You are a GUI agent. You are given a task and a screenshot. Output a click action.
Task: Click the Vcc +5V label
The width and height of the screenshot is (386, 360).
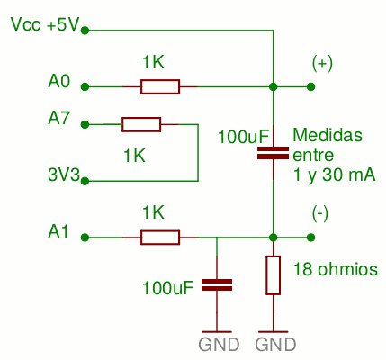pyautogui.click(x=45, y=24)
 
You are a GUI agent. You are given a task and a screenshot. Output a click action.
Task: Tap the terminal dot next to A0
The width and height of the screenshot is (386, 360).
pyautogui.click(x=85, y=87)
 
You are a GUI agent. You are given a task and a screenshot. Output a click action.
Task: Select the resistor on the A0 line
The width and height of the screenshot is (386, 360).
pyautogui.click(x=160, y=87)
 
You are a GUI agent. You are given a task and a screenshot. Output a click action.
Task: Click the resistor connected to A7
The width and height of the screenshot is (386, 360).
pyautogui.click(x=141, y=124)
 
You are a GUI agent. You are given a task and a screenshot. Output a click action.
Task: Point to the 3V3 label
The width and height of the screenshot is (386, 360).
pyautogui.click(x=64, y=175)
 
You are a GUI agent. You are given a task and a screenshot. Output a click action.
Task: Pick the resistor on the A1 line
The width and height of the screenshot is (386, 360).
pyautogui.click(x=160, y=238)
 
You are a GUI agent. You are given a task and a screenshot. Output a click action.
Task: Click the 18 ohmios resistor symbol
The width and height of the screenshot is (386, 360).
pyautogui.click(x=274, y=275)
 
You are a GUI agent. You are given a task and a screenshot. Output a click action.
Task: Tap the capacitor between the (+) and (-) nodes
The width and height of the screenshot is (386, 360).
pyautogui.click(x=274, y=153)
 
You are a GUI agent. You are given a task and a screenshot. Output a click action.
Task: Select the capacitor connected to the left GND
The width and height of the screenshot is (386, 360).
pyautogui.click(x=217, y=285)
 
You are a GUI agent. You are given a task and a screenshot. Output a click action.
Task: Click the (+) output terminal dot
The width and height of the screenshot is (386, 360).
pyautogui.click(x=311, y=87)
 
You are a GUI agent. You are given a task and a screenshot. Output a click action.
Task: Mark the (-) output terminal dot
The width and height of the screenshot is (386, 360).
pyautogui.click(x=311, y=238)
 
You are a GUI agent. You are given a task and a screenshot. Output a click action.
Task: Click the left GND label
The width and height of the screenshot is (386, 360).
pyautogui.click(x=219, y=345)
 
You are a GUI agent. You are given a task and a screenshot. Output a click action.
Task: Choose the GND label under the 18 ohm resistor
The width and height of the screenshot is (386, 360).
pyautogui.click(x=275, y=345)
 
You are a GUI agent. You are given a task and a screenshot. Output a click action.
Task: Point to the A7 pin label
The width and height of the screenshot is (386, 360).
pyautogui.click(x=59, y=118)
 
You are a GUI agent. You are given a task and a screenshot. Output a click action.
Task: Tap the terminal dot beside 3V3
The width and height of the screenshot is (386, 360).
pyautogui.click(x=85, y=181)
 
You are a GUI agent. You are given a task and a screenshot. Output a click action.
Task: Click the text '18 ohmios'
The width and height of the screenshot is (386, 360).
pyautogui.click(x=336, y=269)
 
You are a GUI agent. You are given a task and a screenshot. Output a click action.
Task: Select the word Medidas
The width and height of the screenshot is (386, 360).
pyautogui.click(x=328, y=135)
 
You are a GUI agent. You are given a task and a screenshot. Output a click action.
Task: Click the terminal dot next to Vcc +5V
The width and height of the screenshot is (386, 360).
pyautogui.click(x=85, y=31)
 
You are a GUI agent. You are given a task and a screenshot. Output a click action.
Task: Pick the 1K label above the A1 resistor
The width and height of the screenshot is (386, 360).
pyautogui.click(x=153, y=212)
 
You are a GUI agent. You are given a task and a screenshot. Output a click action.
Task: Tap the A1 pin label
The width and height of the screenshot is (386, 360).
pyautogui.click(x=58, y=231)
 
